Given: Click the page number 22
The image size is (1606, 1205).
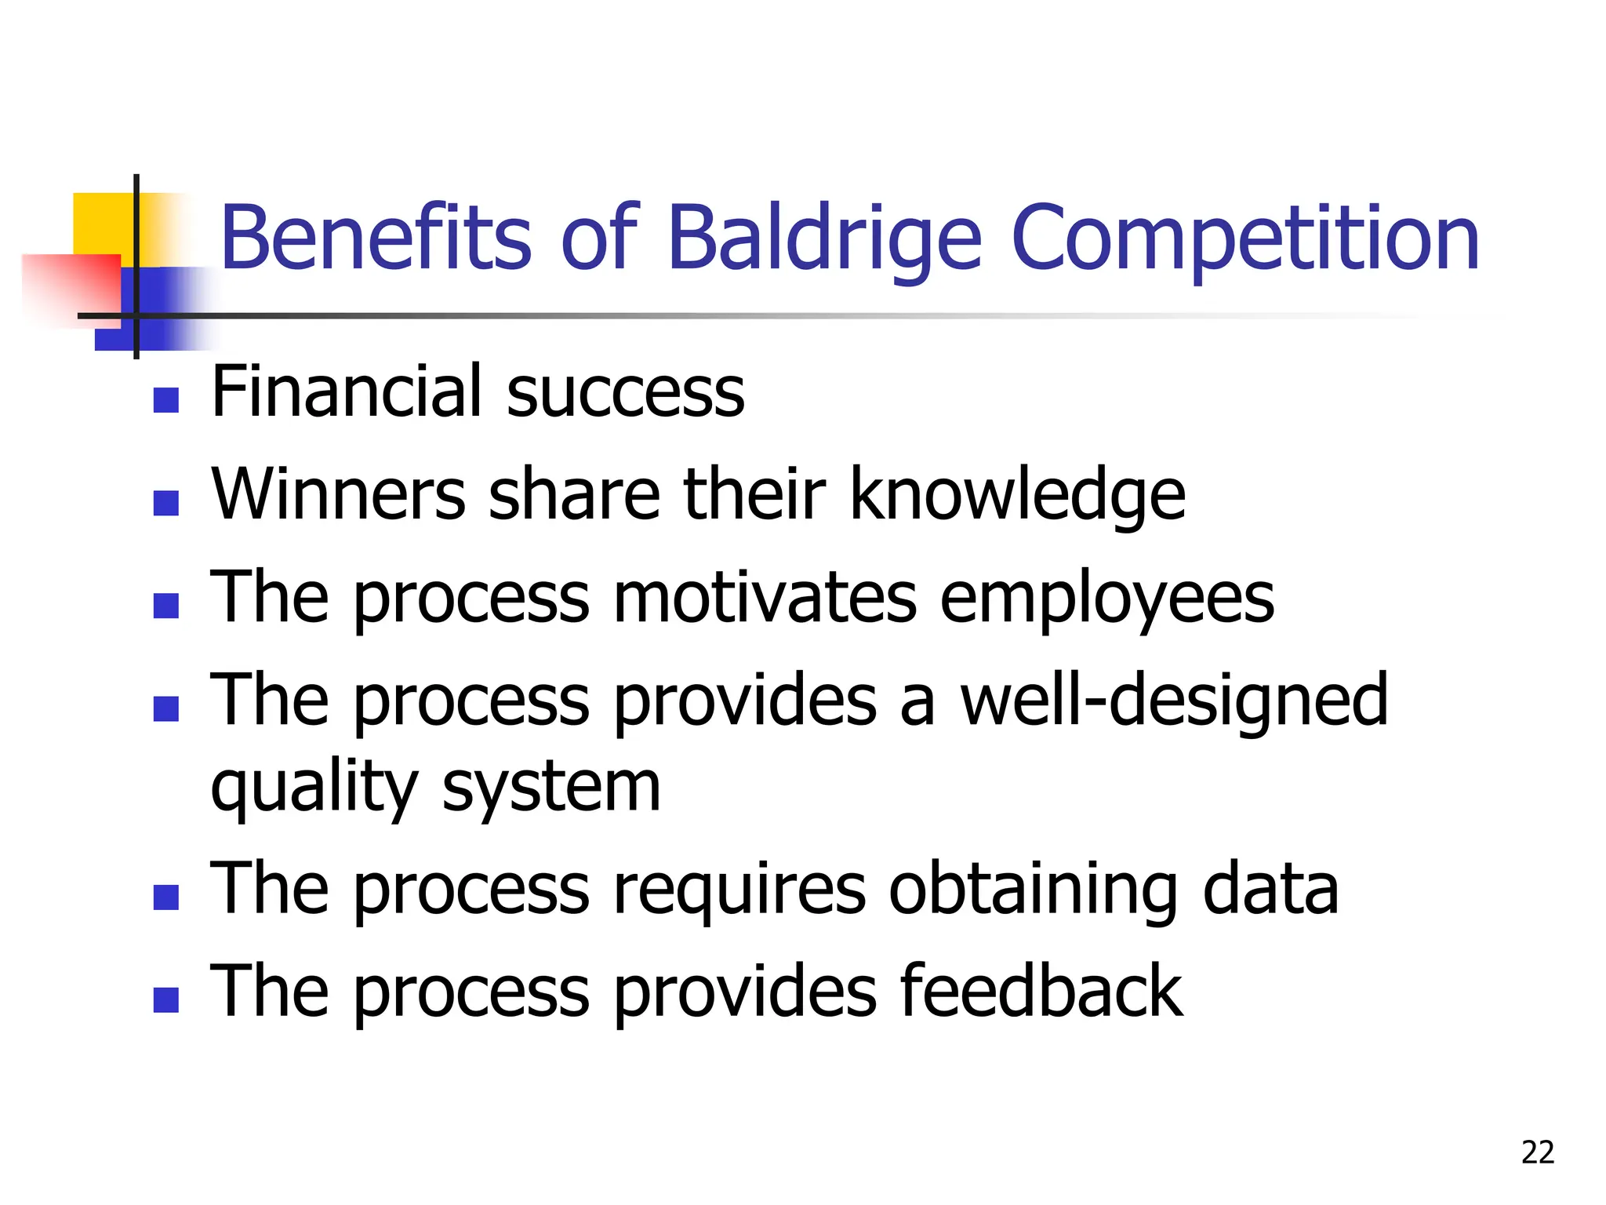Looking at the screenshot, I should (1537, 1152).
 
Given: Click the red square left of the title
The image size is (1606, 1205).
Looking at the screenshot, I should (74, 286).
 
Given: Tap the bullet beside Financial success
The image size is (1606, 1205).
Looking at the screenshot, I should (166, 400).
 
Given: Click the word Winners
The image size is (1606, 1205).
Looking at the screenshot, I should (339, 494).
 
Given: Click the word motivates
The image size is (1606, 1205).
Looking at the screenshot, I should (764, 598).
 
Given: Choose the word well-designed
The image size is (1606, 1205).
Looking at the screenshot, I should (1174, 700).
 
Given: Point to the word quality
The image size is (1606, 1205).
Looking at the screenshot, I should (314, 788).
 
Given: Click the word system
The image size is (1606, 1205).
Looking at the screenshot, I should (551, 788).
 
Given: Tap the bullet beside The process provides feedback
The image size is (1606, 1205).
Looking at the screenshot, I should (166, 999).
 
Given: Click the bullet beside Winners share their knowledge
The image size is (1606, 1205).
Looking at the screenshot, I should (166, 503).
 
